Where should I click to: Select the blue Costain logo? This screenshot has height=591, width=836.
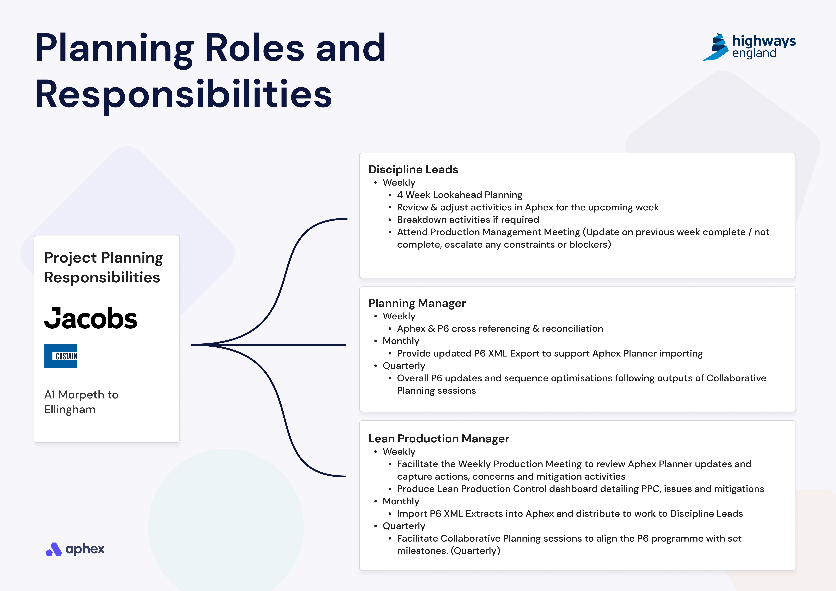(x=60, y=356)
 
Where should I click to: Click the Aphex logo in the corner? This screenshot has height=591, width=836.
(x=75, y=549)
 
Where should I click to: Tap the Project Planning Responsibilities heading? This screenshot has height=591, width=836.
(x=103, y=267)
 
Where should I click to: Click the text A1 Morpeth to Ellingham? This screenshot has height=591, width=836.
(x=81, y=402)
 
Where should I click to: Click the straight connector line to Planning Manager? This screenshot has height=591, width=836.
(x=268, y=345)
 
